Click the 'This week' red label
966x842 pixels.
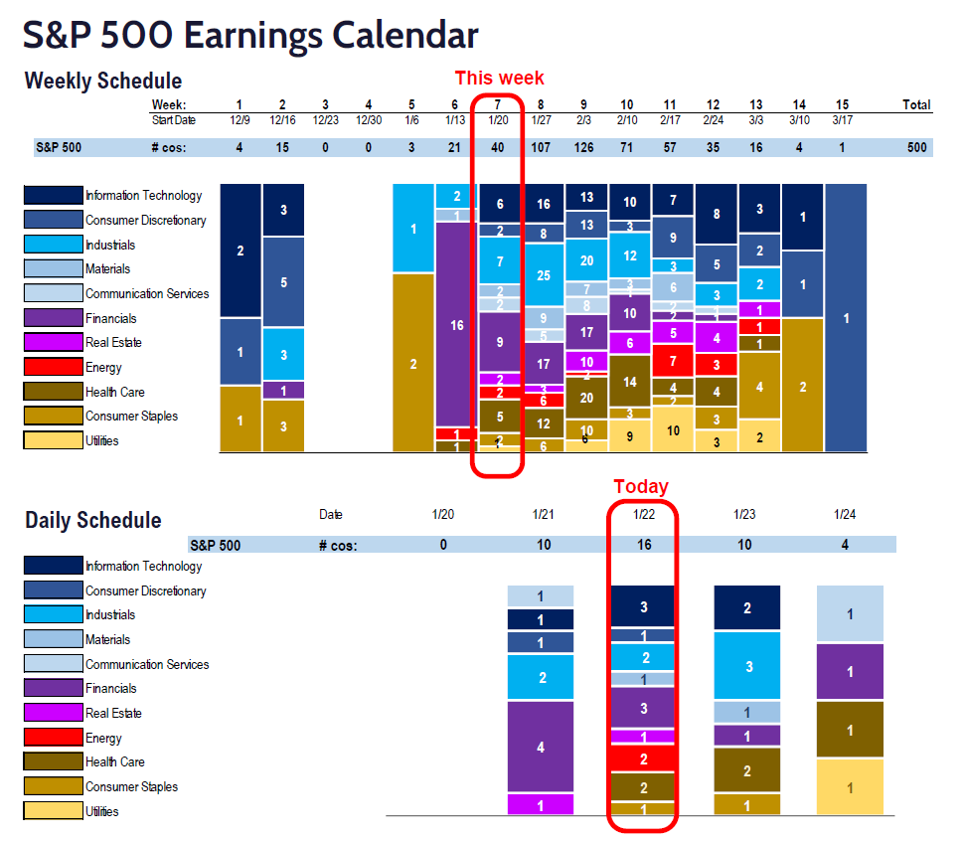499,79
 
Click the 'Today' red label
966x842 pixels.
641,486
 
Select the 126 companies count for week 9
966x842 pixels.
584,148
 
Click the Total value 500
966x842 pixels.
916,148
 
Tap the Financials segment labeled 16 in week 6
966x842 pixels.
457,324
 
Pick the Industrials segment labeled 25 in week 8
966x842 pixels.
543,275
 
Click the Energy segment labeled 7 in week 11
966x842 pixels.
673,360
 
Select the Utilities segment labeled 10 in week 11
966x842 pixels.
673,430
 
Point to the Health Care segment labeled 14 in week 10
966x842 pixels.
629,382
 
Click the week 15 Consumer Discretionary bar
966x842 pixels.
846,318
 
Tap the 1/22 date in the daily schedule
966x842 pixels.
643,514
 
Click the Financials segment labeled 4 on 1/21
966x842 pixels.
541,747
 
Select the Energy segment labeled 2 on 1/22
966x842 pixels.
643,758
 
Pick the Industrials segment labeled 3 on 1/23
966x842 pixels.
747,666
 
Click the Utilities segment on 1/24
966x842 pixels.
850,787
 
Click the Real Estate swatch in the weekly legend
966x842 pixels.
54,343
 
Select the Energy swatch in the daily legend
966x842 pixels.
54,738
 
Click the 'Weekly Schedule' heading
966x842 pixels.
102,82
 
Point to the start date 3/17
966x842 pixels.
841,120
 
